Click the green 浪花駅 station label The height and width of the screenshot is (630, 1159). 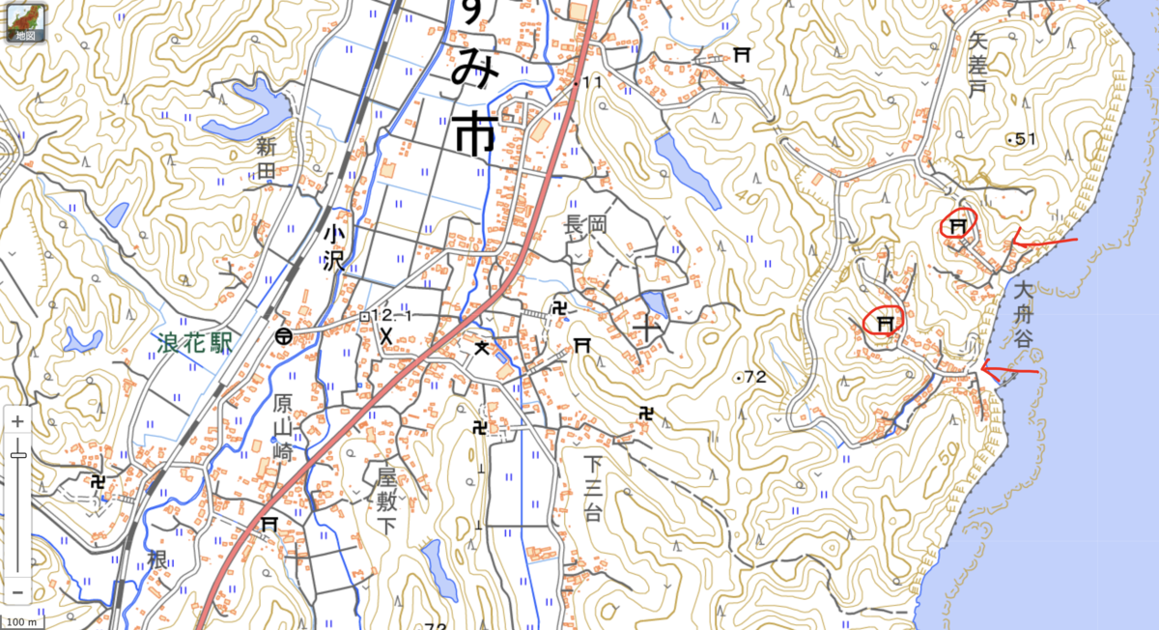[196, 342]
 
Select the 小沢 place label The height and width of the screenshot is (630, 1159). [334, 246]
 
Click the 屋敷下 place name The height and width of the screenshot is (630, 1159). [387, 501]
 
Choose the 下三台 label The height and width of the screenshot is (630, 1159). [592, 488]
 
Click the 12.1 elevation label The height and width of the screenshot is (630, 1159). [392, 316]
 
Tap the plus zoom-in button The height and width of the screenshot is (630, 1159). [17, 421]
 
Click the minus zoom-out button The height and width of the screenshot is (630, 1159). [17, 591]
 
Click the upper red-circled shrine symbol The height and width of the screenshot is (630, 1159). [958, 225]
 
